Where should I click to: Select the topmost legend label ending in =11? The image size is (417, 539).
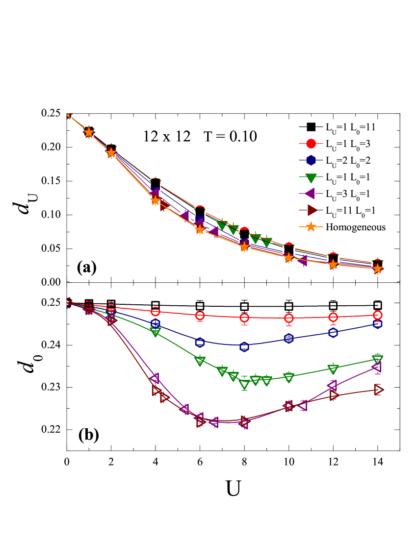pyautogui.click(x=349, y=127)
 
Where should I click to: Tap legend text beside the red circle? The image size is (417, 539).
pyautogui.click(x=346, y=144)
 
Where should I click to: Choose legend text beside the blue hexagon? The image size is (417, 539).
pyautogui.click(x=346, y=160)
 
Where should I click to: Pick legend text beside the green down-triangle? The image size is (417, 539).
pyautogui.click(x=346, y=177)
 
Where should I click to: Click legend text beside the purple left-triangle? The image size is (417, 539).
pyautogui.click(x=346, y=194)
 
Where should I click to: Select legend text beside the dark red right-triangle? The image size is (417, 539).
pyautogui.click(x=349, y=210)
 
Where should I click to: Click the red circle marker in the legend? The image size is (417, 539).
pyautogui.click(x=311, y=144)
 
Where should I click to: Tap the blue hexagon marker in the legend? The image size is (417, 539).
pyautogui.click(x=311, y=160)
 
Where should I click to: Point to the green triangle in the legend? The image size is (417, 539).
pyautogui.click(x=311, y=177)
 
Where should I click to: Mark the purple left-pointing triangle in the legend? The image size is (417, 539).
pyautogui.click(x=310, y=194)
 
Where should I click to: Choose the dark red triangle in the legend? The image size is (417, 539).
pyautogui.click(x=311, y=210)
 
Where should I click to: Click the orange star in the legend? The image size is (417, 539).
pyautogui.click(x=311, y=227)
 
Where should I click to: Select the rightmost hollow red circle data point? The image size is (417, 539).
pyautogui.click(x=377, y=315)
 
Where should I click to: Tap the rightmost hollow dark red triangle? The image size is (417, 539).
pyautogui.click(x=378, y=390)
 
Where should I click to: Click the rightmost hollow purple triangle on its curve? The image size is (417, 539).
pyautogui.click(x=376, y=367)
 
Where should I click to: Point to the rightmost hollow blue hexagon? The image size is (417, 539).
pyautogui.click(x=377, y=324)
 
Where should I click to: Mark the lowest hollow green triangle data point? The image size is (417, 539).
pyautogui.click(x=244, y=385)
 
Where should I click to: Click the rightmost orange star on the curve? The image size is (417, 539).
pyautogui.click(x=377, y=269)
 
